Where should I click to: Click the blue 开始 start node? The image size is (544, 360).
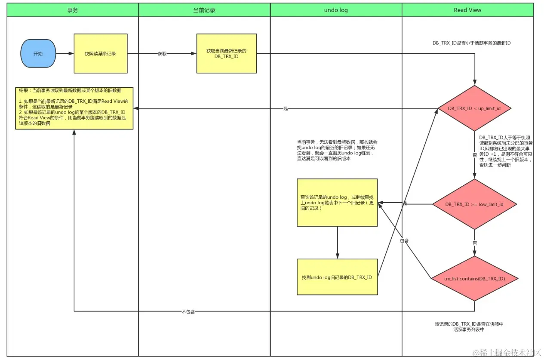click(x=38, y=54)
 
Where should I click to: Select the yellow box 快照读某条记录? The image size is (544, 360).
click(x=100, y=54)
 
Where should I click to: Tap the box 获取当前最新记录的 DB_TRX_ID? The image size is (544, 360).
click(x=226, y=54)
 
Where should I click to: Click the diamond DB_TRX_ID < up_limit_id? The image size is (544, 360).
click(x=474, y=108)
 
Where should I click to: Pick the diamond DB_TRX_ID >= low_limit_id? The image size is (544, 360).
click(x=474, y=204)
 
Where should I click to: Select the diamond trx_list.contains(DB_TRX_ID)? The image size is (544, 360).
click(x=474, y=279)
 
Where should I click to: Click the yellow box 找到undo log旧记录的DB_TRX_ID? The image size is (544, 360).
click(x=337, y=277)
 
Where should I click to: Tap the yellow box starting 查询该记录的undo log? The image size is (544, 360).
click(x=337, y=203)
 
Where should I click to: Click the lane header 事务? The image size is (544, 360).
click(x=73, y=10)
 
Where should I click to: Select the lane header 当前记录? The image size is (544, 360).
click(x=204, y=10)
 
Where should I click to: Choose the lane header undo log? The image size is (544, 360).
click(x=336, y=10)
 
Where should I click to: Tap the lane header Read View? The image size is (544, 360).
click(x=467, y=10)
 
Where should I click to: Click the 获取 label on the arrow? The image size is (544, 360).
click(x=162, y=54)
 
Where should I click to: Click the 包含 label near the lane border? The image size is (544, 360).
click(x=404, y=241)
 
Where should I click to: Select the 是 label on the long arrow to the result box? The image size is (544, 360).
click(x=286, y=109)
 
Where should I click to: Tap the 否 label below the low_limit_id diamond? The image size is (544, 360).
click(x=475, y=243)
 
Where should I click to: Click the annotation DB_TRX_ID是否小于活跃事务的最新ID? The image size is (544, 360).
click(x=471, y=43)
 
